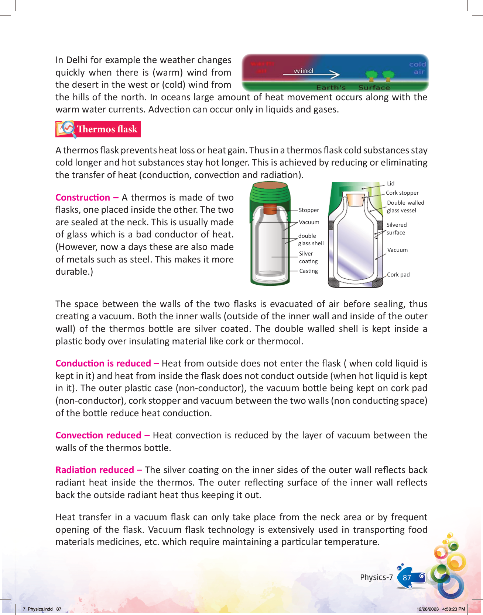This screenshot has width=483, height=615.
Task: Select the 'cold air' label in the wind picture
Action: click(418, 68)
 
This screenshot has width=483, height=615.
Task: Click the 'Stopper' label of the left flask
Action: click(309, 210)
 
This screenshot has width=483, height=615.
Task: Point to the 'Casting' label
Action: click(308, 271)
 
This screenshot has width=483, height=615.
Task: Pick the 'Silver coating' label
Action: click(308, 257)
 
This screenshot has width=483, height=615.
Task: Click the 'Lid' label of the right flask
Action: click(391, 184)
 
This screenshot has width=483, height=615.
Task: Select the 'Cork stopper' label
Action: click(402, 193)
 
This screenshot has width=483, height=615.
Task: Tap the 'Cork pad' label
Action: click(398, 275)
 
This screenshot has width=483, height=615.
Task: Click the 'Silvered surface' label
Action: click(396, 229)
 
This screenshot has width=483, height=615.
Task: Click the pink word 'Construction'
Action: click(83, 198)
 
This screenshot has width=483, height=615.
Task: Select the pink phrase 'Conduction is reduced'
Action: click(103, 364)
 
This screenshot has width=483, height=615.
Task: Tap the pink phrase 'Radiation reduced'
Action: click(95, 470)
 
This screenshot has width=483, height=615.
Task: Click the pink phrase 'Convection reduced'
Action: click(98, 435)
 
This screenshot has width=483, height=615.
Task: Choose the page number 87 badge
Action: click(407, 578)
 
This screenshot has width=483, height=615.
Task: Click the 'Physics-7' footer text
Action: click(376, 577)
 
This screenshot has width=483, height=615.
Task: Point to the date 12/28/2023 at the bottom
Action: click(428, 609)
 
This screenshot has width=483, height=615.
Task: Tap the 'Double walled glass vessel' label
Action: click(405, 206)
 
